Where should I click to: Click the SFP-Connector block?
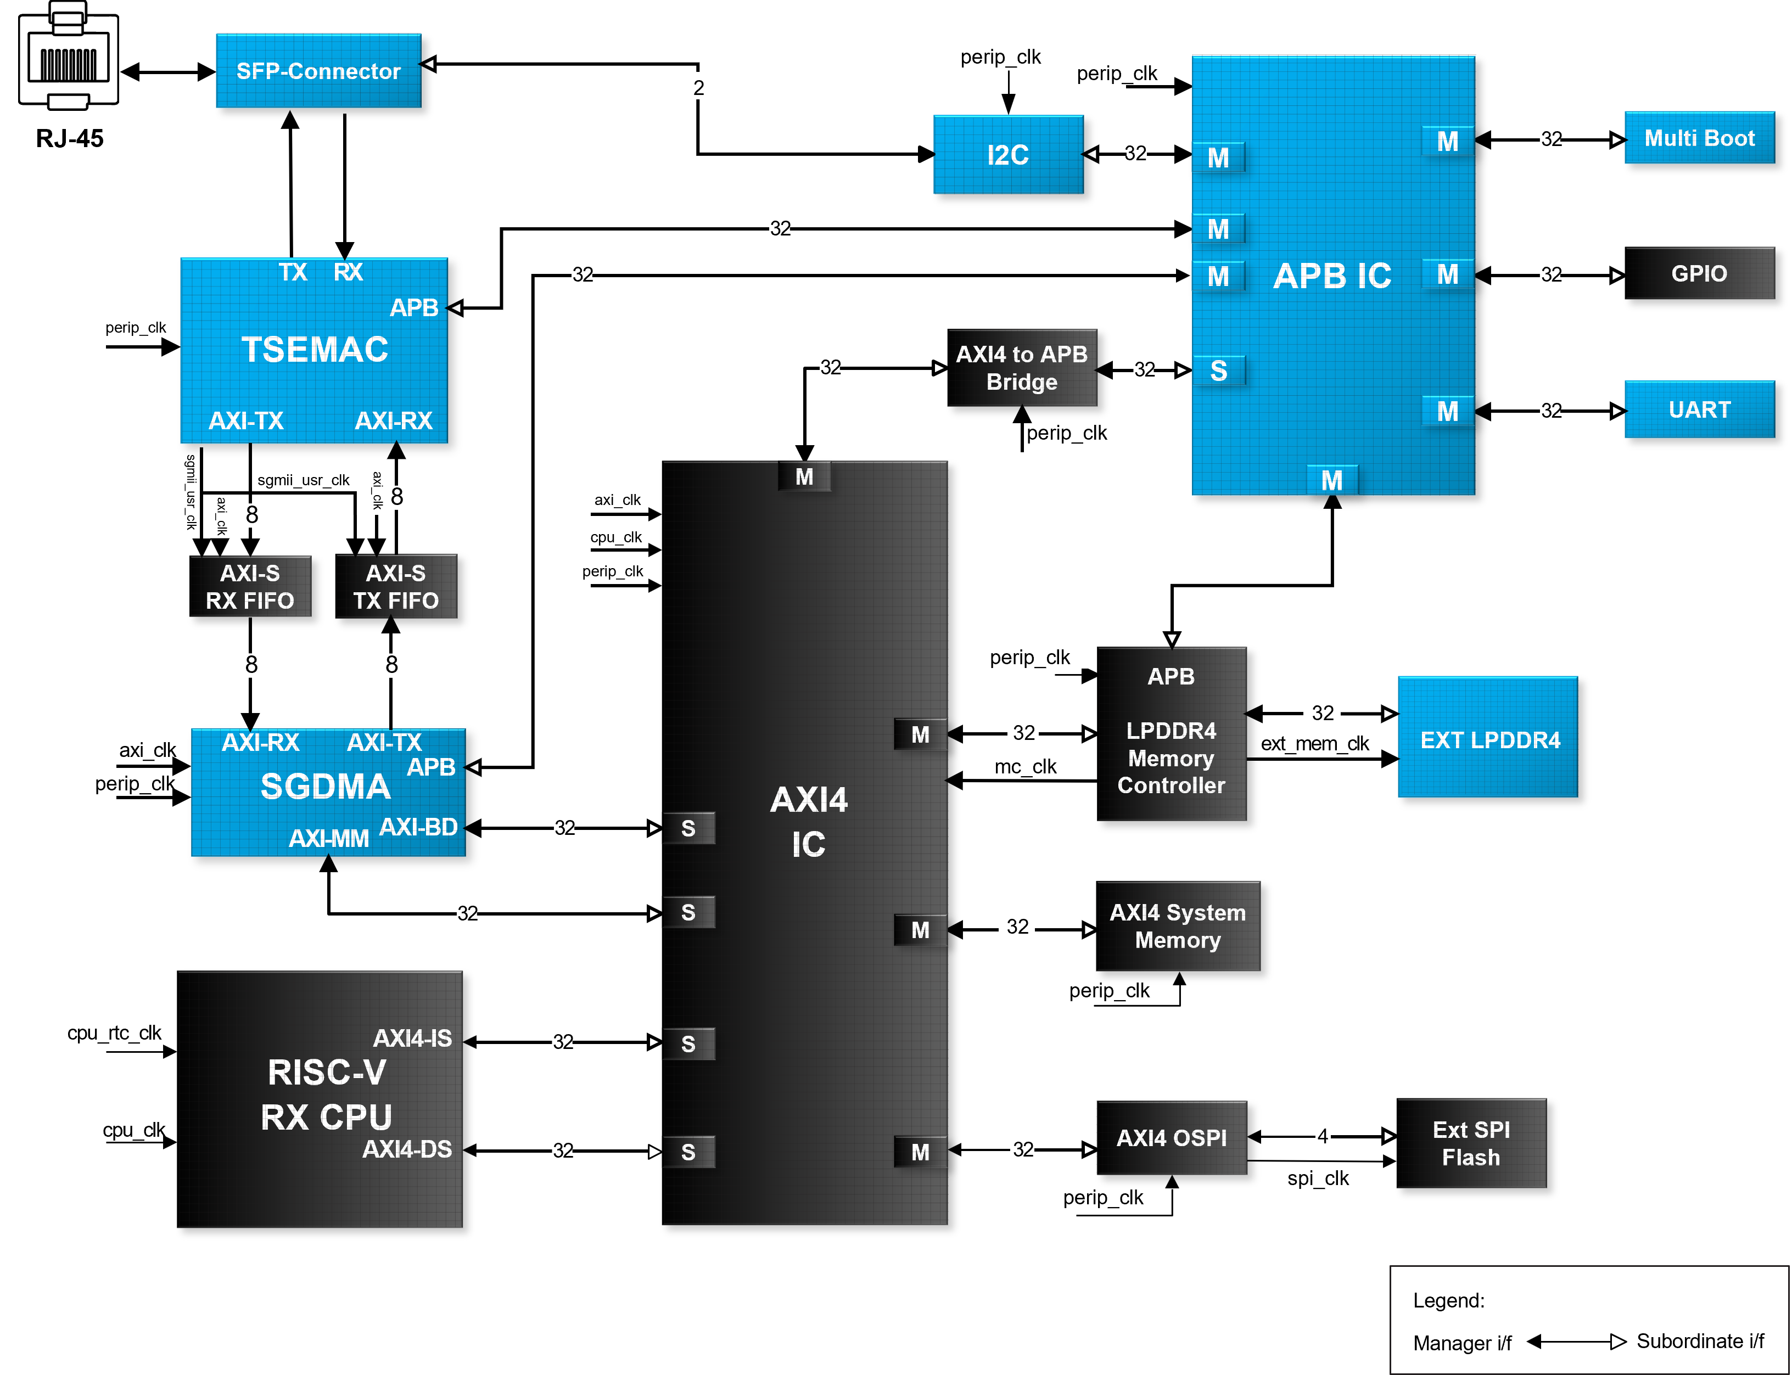click(318, 71)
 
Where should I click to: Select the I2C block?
click(1008, 155)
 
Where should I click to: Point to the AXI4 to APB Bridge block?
click(1022, 368)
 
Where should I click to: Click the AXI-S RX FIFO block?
click(250, 587)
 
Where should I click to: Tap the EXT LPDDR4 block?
click(1487, 738)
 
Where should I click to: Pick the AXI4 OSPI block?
click(1172, 1138)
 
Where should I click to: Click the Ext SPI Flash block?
click(1471, 1143)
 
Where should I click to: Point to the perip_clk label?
click(1028, 657)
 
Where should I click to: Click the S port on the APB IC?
click(1218, 371)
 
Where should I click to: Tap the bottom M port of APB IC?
click(1332, 480)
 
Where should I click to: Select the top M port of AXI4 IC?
click(804, 476)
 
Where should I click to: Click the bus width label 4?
click(1322, 1135)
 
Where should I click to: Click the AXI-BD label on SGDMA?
click(418, 827)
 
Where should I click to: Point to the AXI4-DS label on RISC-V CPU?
click(407, 1149)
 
